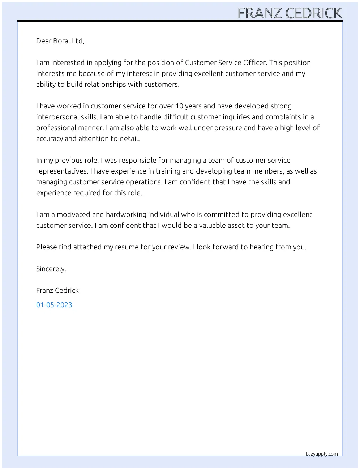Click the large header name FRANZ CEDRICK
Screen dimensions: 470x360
pos(290,13)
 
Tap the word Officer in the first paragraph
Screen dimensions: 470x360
pos(255,63)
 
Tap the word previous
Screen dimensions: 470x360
pos(69,160)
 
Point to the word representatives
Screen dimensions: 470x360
pos(62,171)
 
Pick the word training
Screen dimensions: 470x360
pos(169,171)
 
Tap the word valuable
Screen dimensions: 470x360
pos(214,225)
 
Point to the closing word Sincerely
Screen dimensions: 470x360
pos(51,269)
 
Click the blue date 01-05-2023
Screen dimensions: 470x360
pos(54,305)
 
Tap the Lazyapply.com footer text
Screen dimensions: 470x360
pos(322,454)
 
